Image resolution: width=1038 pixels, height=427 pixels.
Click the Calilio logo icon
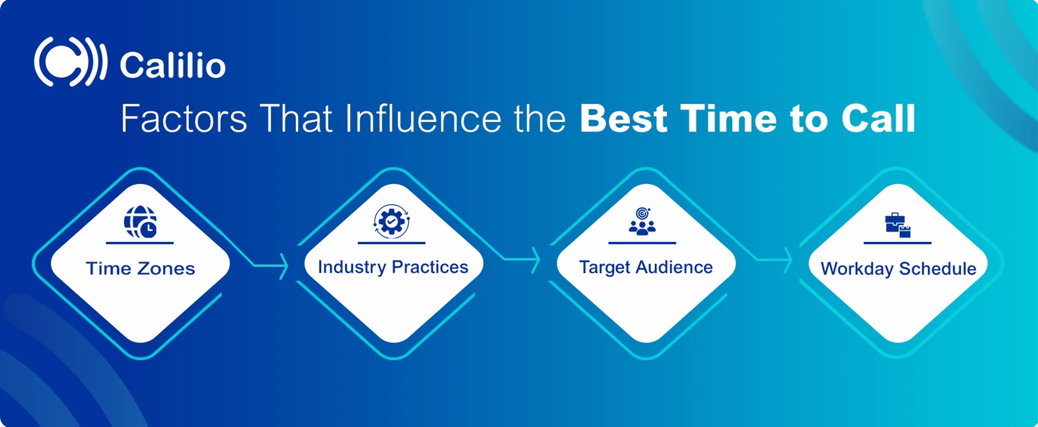tap(69, 62)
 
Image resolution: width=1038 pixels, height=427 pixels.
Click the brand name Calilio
tap(172, 65)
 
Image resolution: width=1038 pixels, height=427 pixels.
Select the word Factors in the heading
tap(184, 119)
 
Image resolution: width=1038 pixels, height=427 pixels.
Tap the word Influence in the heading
tap(422, 119)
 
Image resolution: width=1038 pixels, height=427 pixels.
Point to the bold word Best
tap(623, 119)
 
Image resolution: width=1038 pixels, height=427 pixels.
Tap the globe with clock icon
tap(140, 222)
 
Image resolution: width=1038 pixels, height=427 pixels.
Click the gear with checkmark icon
tap(391, 221)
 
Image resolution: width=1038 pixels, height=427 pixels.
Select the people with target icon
tap(642, 222)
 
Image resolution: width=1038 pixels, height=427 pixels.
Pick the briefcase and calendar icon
tap(898, 225)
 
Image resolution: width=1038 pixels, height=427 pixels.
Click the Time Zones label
tap(140, 268)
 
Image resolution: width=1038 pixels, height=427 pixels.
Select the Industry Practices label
tap(393, 267)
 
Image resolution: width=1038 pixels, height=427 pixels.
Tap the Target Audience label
tap(646, 267)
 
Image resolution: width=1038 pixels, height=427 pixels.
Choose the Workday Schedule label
tap(898, 268)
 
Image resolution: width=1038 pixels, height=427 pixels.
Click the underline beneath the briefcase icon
tap(897, 243)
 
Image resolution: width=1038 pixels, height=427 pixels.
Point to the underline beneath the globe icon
tap(140, 243)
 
